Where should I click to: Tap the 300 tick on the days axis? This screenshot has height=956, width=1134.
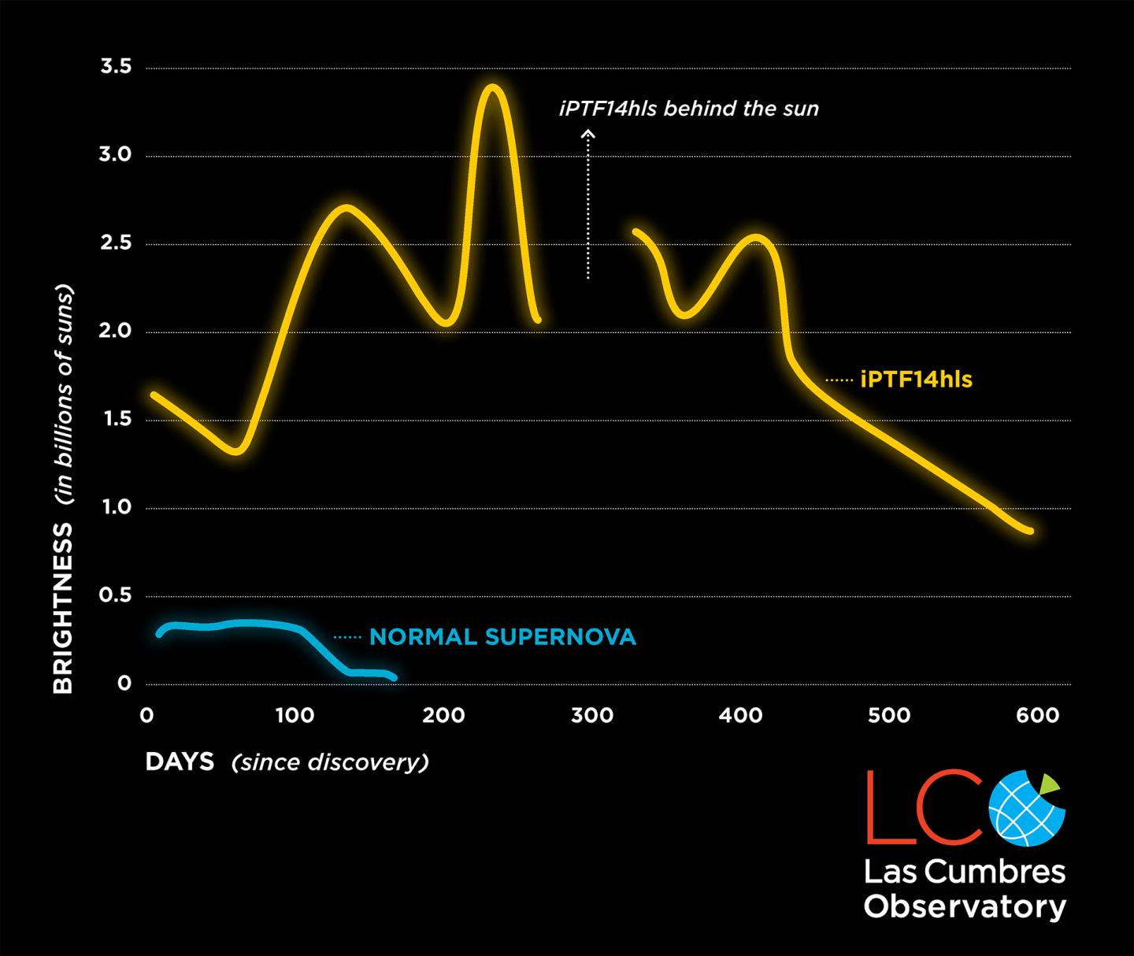point(591,716)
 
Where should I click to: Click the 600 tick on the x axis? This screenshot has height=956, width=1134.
point(1037,716)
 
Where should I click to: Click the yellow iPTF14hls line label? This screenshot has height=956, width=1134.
point(916,380)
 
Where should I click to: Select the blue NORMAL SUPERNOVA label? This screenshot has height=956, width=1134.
point(502,637)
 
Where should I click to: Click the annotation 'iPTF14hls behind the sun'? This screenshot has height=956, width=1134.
point(689,109)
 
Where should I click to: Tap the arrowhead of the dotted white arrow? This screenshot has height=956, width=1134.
point(587,135)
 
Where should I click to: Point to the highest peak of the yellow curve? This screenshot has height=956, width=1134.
point(493,87)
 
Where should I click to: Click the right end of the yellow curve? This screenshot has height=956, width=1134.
point(1029,531)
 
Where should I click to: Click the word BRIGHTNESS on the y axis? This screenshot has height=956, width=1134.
point(63,608)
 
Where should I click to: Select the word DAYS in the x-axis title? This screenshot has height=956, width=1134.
point(180,761)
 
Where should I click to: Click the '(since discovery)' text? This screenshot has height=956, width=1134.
point(330,762)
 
